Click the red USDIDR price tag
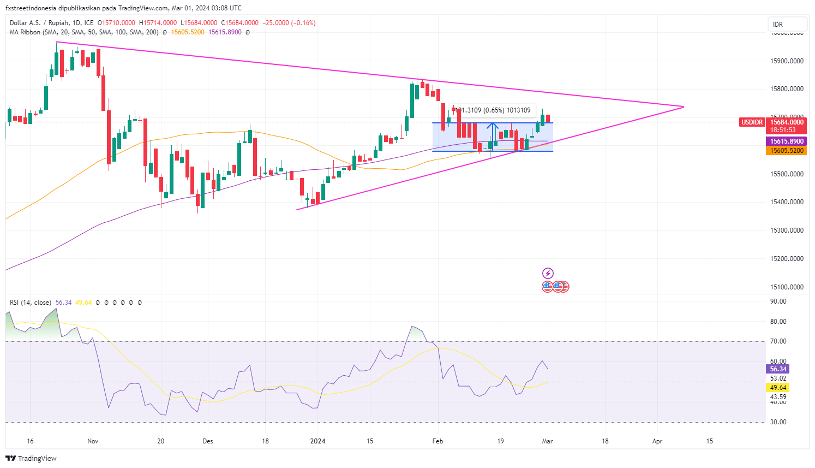751,122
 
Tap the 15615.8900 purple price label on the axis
787,141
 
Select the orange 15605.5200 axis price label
787,151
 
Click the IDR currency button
787,25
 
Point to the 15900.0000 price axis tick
787,61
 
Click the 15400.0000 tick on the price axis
787,202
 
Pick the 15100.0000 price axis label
787,287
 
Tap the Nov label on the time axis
93,441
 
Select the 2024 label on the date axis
317,441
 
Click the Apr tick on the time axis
657,441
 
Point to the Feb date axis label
437,441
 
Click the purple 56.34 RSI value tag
778,369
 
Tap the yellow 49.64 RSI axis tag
778,388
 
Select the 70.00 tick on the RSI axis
778,341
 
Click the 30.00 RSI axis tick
778,422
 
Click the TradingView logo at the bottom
32,458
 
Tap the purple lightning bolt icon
548,273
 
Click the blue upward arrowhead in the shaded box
493,126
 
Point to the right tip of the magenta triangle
683,106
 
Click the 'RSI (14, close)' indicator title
31,303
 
